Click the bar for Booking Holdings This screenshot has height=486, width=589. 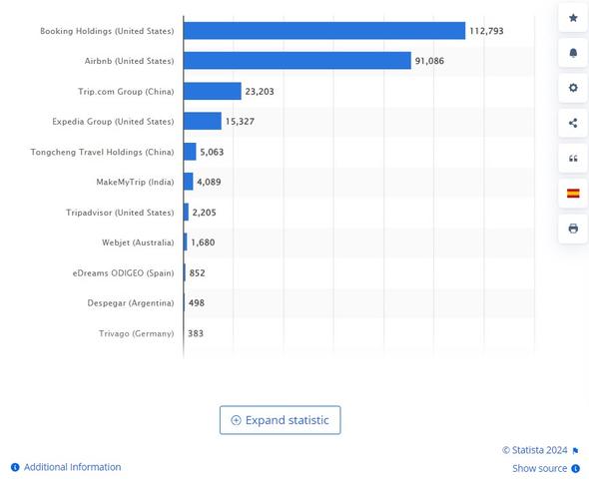click(x=324, y=31)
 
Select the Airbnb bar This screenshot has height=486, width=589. click(x=297, y=61)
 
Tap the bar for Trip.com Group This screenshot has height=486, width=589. click(x=213, y=92)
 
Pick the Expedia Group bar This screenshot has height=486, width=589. click(x=203, y=122)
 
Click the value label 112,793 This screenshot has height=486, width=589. click(x=486, y=31)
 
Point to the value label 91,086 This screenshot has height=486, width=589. click(x=429, y=61)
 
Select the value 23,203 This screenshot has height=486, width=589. click(x=260, y=92)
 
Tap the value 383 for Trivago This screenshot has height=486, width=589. click(x=196, y=333)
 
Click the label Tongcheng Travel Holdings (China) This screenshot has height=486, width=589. click(x=103, y=152)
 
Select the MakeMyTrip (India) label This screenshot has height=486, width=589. click(x=135, y=183)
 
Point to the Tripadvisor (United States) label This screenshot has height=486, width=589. click(x=120, y=213)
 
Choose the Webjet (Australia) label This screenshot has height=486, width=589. click(x=138, y=243)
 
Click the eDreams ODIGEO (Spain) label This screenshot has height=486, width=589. click(x=123, y=272)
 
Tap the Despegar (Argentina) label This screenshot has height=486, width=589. click(x=130, y=303)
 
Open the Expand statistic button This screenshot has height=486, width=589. click(x=280, y=420)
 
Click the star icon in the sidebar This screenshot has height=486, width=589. click(x=573, y=18)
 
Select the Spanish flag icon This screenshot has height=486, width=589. click(x=573, y=194)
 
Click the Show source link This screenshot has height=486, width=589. click(x=540, y=468)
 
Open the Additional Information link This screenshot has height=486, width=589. click(x=72, y=467)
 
